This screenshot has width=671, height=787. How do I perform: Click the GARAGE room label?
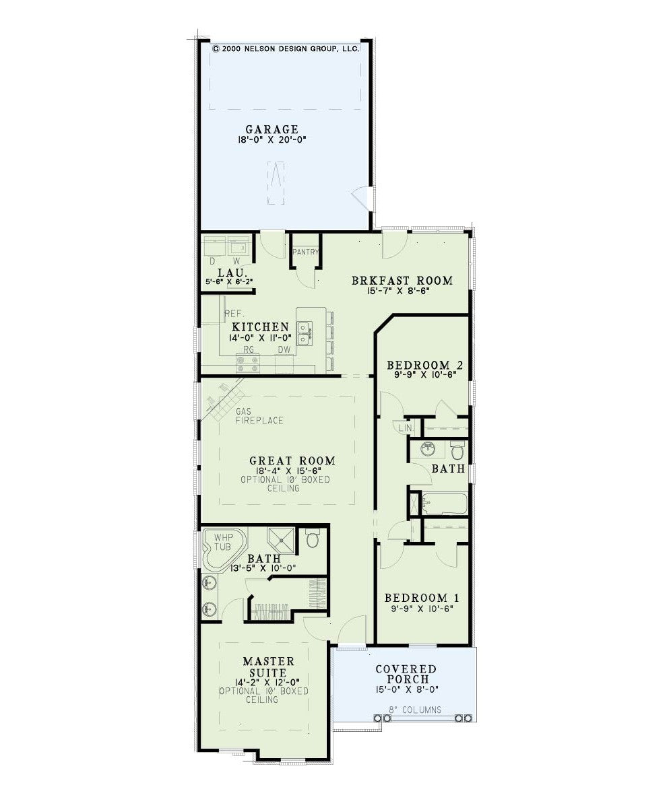point(271,129)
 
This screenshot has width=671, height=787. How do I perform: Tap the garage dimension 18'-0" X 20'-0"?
point(271,140)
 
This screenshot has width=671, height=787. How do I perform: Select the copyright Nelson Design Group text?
point(286,48)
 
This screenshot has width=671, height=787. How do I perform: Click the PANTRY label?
point(305,252)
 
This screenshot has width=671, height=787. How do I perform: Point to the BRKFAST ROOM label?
point(402,281)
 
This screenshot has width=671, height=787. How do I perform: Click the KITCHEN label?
point(260,327)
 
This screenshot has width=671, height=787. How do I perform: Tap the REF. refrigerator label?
point(234,314)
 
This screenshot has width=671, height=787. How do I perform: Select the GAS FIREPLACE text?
point(259,416)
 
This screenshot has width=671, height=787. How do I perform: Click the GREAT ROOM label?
point(292,460)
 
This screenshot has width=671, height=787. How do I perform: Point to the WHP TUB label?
point(223,542)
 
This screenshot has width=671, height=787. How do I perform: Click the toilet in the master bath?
point(313,538)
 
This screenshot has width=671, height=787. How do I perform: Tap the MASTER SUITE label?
point(269,667)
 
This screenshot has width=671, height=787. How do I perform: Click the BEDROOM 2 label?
point(425,366)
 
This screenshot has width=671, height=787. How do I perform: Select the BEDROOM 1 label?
point(422,598)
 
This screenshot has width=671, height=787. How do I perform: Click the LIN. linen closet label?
point(406,429)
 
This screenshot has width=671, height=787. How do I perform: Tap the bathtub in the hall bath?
point(445,504)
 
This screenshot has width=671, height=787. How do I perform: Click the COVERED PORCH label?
point(406,674)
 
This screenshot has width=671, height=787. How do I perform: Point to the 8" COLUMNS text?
point(416,710)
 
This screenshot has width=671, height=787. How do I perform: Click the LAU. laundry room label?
point(232,273)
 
